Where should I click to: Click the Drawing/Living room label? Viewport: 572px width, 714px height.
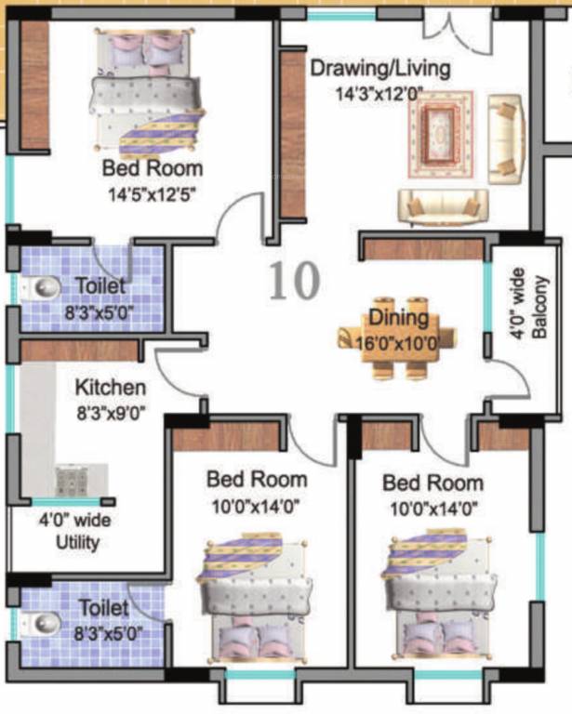coord(379,68)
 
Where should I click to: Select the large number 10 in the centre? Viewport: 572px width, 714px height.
coord(295,280)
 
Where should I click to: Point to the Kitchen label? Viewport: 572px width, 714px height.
coord(110,387)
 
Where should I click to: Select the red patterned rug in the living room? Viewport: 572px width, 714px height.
coord(450,138)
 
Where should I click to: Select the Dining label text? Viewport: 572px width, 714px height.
coord(397,318)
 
